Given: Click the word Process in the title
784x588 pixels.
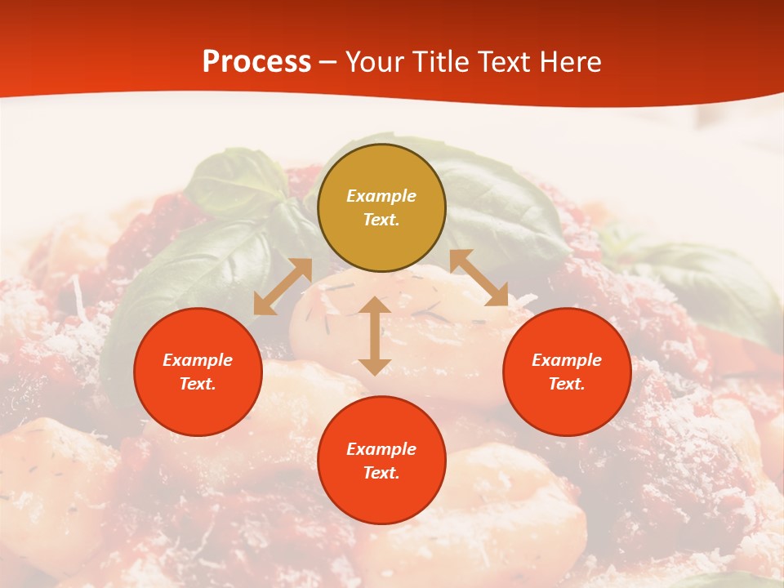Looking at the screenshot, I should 256,62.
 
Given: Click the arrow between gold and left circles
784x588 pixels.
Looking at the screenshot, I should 283,287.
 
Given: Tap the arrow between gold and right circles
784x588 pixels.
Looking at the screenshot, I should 479,278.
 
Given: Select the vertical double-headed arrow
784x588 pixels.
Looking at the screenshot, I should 375,336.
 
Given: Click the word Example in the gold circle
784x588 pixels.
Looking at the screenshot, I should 381,196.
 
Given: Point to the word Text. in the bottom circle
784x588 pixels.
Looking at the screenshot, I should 381,473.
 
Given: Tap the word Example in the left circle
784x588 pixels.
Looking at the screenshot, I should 198,360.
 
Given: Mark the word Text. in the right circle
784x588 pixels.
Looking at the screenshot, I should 567,384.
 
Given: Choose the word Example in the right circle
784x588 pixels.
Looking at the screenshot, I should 567,360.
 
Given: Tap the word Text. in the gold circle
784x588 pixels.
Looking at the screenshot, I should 381,220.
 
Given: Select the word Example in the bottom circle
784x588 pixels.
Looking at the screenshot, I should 381,449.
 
